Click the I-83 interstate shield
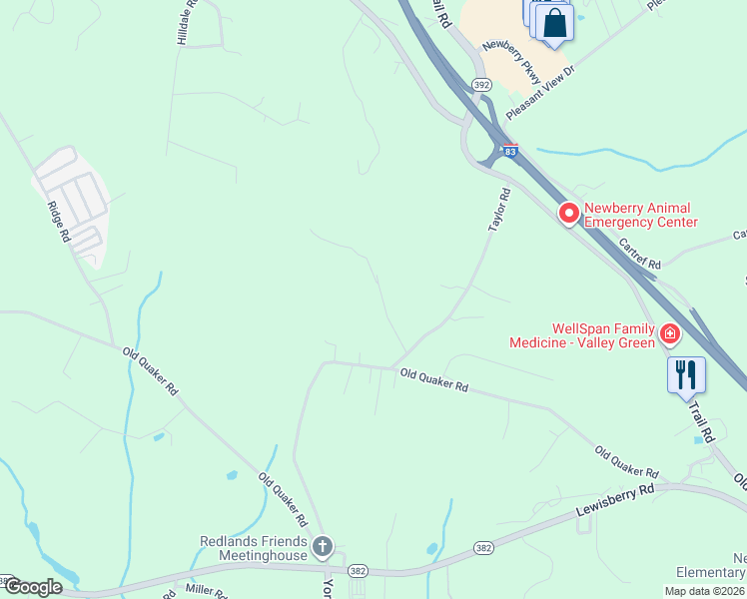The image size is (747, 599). point(510,151)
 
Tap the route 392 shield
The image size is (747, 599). point(482,86)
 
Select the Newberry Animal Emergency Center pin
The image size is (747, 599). point(568,213)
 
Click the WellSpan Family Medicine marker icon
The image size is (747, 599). point(669,334)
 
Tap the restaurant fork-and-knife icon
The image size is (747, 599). point(686,374)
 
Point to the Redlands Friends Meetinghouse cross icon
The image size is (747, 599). point(322,546)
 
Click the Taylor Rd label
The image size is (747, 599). point(499,212)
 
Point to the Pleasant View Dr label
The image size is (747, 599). point(543,85)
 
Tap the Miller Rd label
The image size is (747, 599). point(208,590)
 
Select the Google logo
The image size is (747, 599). point(33,587)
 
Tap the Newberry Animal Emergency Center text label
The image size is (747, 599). point(640,215)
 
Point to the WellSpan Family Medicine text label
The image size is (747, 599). point(582,335)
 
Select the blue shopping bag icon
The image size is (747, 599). point(555,22)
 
